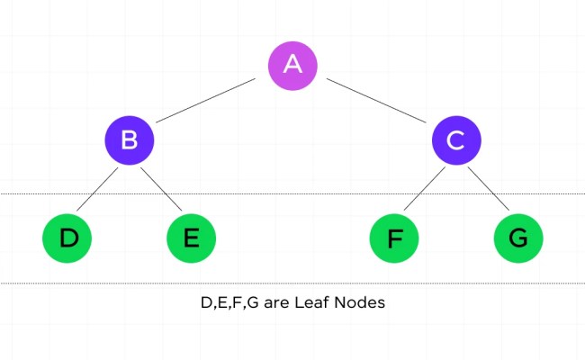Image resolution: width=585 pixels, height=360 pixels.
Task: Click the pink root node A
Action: pos(292,64)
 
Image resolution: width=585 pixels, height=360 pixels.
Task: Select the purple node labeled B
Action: pos(129,140)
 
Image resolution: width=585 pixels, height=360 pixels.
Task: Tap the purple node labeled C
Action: pos(456,140)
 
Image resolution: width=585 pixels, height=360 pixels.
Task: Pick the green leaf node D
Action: pos(67,238)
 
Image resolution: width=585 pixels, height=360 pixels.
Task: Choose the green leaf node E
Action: pos(192,238)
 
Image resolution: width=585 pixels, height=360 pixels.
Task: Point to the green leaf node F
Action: pos(394,238)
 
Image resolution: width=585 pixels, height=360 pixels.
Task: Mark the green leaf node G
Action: pos(518,238)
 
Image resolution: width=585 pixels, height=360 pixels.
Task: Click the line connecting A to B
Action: pos(207,102)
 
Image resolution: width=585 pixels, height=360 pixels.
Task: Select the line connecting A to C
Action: pos(378,102)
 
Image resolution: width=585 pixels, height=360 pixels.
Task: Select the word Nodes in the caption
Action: pos(360,303)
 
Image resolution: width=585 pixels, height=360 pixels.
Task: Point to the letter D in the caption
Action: pos(206,303)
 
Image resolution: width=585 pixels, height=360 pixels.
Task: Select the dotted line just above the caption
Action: pos(292,283)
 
